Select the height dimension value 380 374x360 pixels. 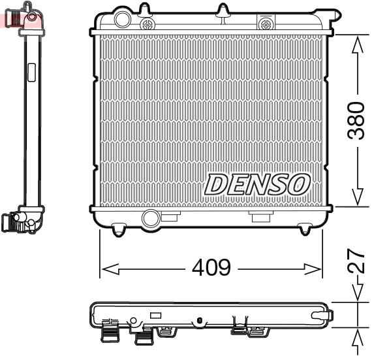coord(355,120)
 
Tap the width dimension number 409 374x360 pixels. coord(211,268)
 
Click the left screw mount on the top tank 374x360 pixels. coord(148,25)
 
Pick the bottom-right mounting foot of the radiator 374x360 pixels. coord(305,228)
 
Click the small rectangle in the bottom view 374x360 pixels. coord(155,315)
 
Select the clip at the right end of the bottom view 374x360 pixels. coord(324,315)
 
